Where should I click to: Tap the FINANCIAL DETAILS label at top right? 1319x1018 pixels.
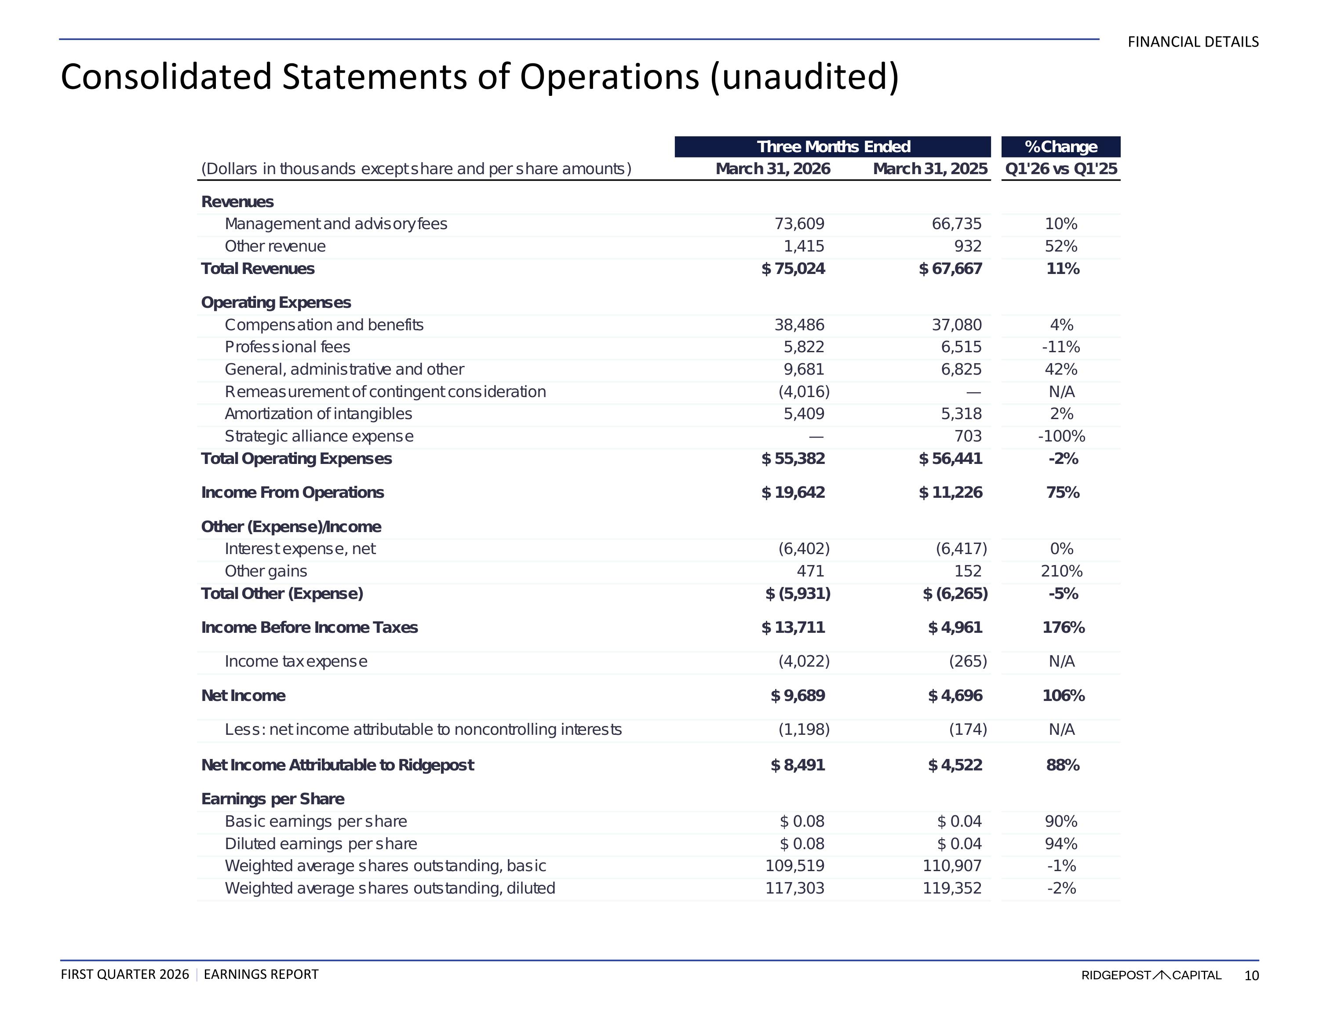(1193, 42)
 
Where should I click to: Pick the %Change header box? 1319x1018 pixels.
(1060, 147)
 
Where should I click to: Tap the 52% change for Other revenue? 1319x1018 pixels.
(1061, 247)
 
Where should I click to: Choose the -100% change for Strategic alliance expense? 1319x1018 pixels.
(1061, 436)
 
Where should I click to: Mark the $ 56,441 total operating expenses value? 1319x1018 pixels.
(950, 459)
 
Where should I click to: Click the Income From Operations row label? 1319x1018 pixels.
(292, 493)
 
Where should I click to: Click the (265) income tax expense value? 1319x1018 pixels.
(968, 661)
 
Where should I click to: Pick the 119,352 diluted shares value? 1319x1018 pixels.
(952, 888)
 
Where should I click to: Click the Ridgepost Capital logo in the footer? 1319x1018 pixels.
(1151, 975)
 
